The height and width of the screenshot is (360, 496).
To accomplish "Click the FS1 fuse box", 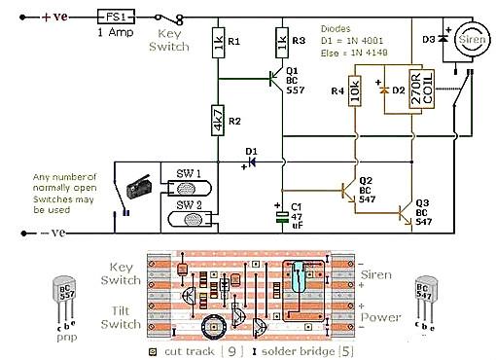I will pyautogui.click(x=115, y=17).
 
